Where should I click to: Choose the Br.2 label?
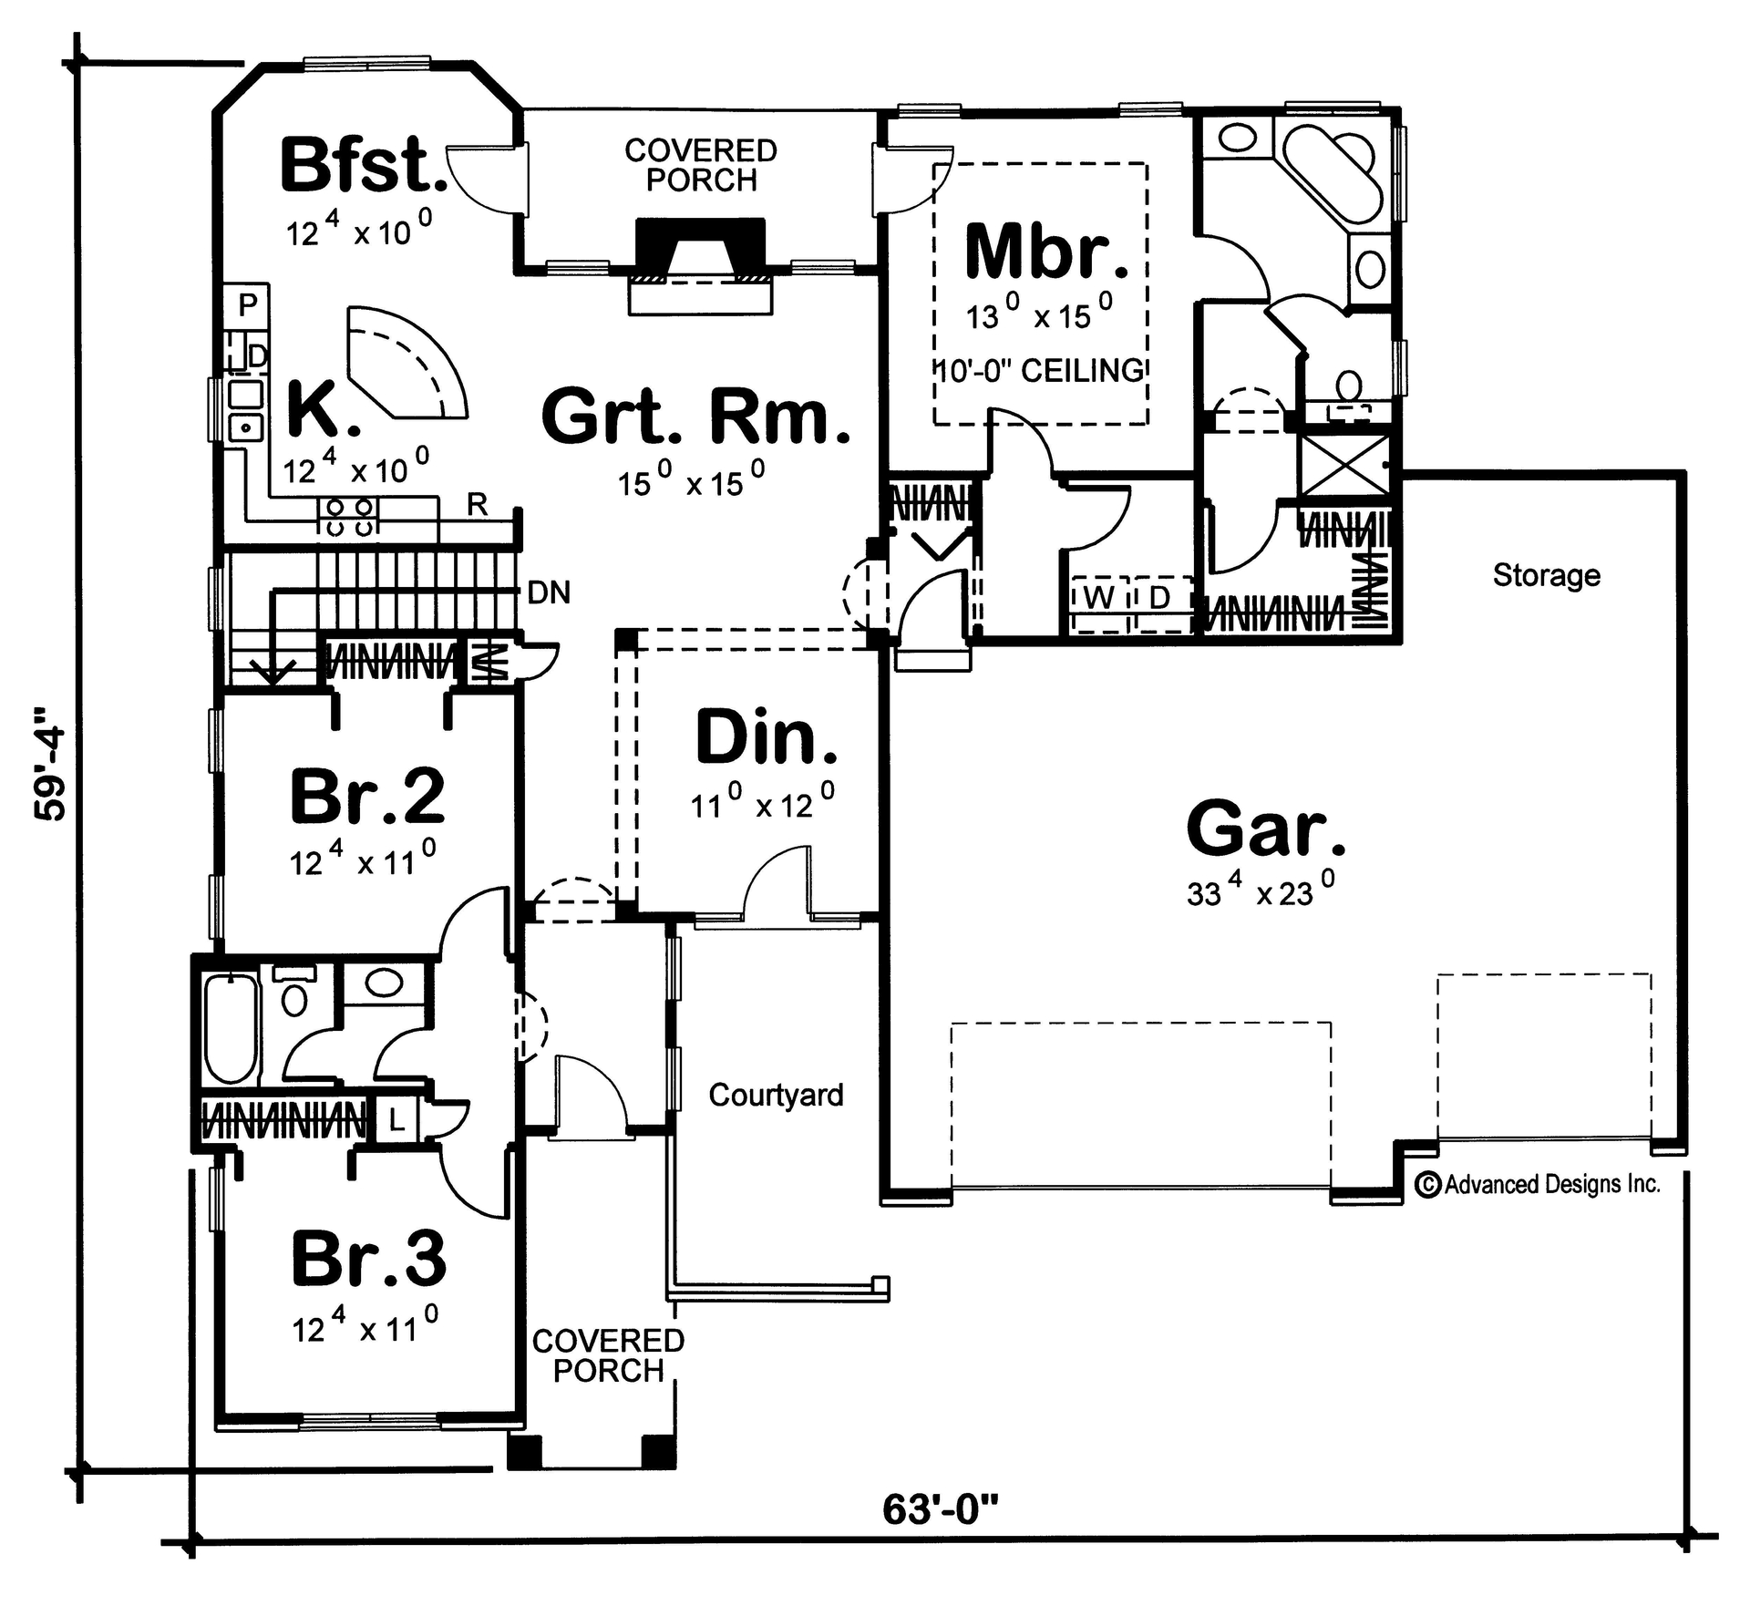tap(367, 796)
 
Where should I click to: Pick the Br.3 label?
tap(368, 1259)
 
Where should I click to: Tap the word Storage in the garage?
tap(1546, 575)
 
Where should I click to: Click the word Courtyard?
tap(776, 1095)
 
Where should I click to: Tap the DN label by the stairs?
tap(549, 593)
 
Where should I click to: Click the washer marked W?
tap(1100, 599)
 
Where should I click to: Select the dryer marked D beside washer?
tap(1159, 599)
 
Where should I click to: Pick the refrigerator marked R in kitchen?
tap(477, 504)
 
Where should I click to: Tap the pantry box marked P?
tap(248, 304)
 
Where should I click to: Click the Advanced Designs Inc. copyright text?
tap(1539, 1184)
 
